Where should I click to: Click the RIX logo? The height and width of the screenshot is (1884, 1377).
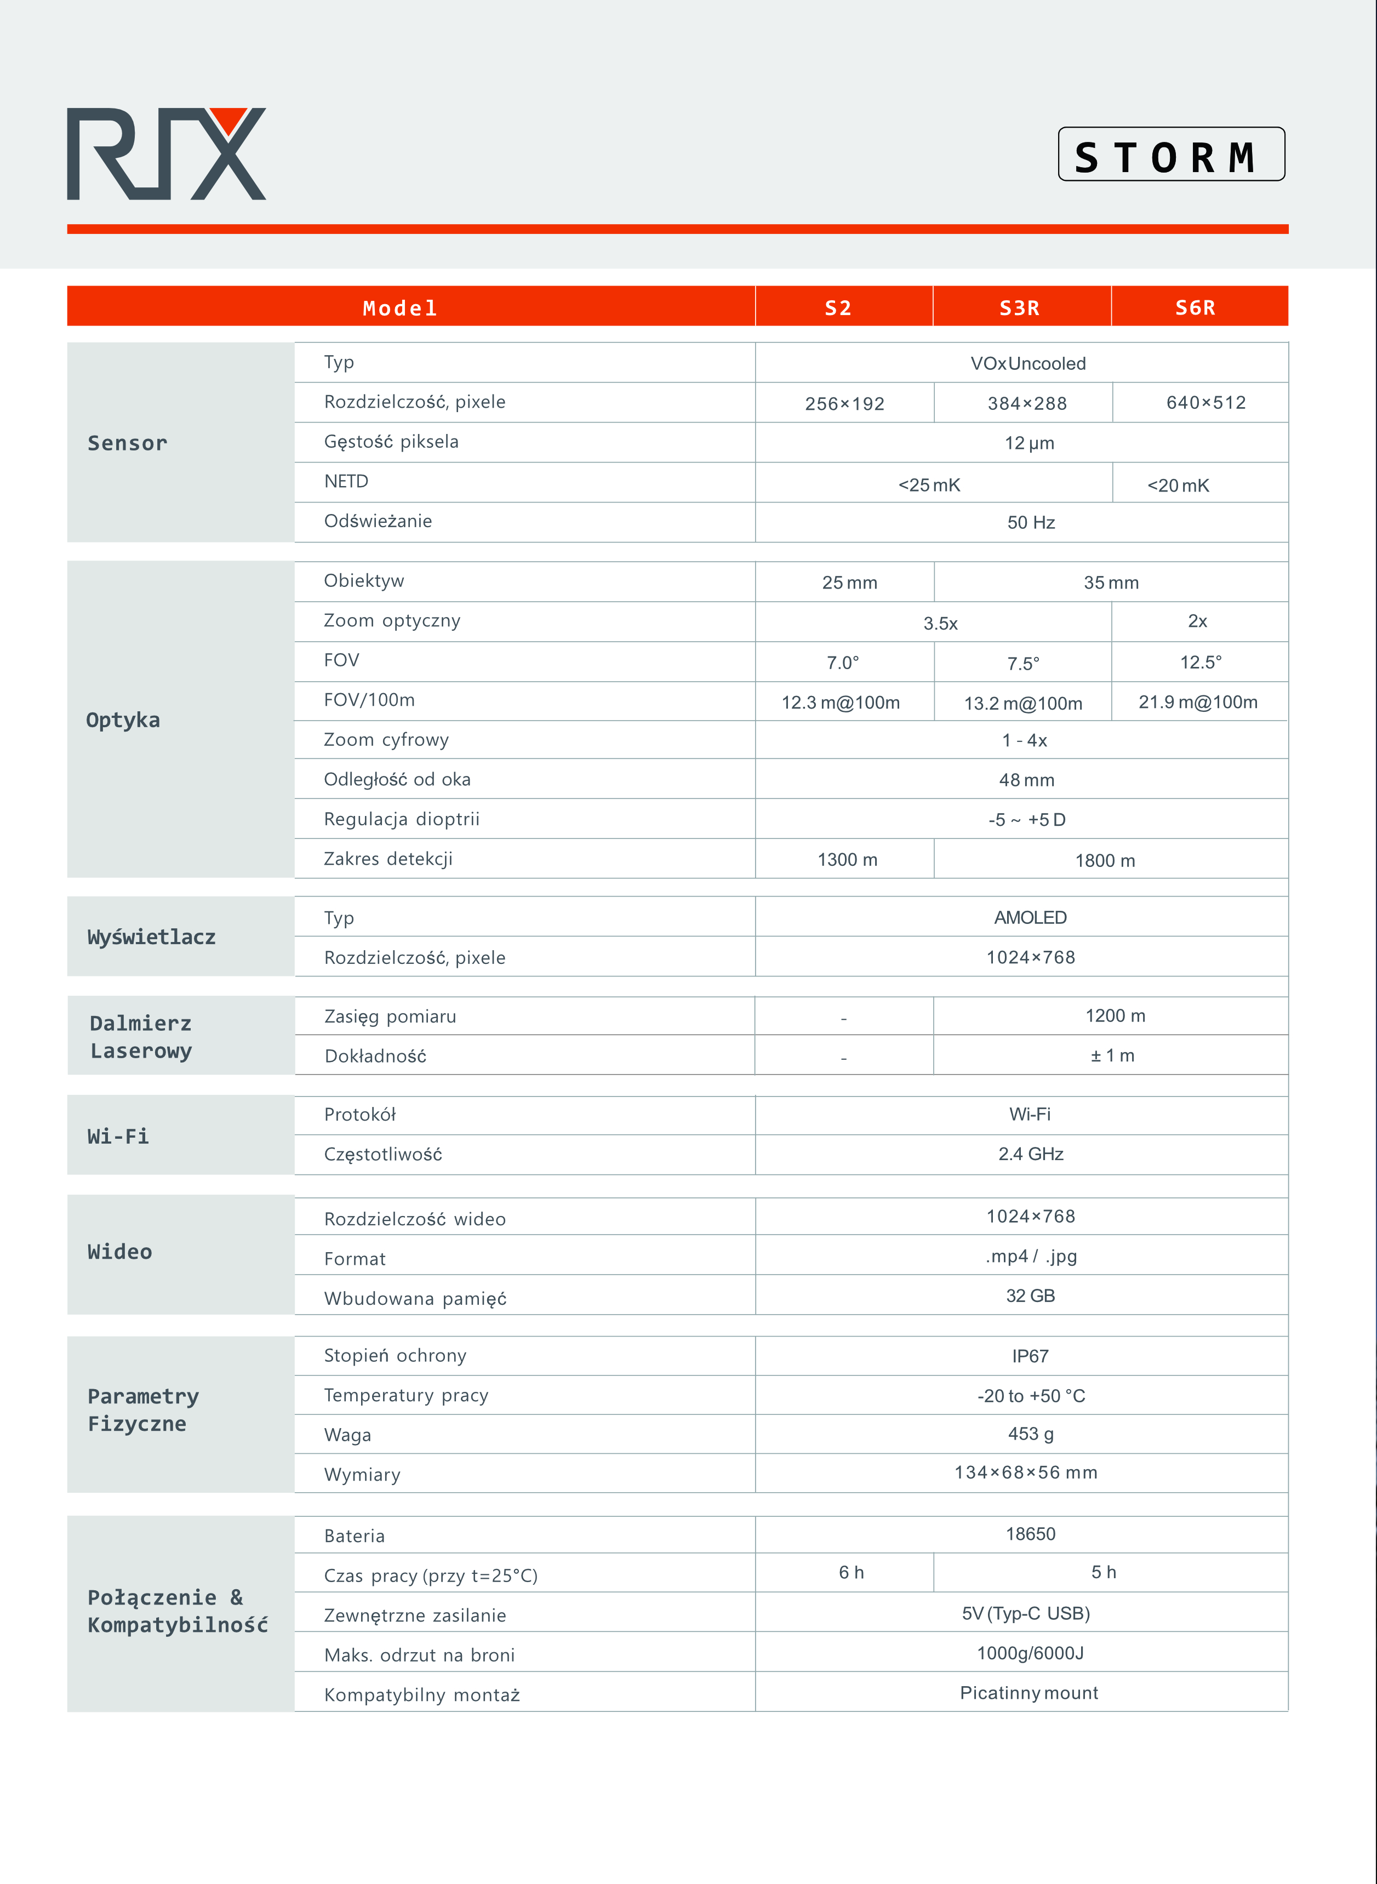point(166,154)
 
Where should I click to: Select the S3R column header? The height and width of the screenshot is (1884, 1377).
point(1020,307)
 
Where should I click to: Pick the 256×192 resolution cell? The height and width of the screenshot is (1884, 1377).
point(844,403)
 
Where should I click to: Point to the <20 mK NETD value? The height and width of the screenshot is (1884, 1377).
point(1178,485)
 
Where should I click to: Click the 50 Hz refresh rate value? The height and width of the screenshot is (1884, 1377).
point(1031,523)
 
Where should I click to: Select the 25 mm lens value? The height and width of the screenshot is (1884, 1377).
point(849,583)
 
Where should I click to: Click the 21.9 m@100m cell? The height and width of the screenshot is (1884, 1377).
point(1198,702)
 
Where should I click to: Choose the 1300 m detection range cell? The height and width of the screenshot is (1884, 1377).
point(847,859)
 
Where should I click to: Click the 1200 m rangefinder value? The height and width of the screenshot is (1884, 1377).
point(1115,1015)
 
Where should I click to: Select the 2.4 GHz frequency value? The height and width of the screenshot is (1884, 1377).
point(1031,1154)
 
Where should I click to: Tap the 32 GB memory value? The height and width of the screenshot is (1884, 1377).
point(1030,1295)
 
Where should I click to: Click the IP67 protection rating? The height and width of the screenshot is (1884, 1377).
point(1030,1356)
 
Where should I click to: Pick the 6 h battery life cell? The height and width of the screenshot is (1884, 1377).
point(851,1572)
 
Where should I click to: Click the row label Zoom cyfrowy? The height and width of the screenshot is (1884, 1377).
point(386,739)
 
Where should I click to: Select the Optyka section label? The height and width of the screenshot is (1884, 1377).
point(123,720)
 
